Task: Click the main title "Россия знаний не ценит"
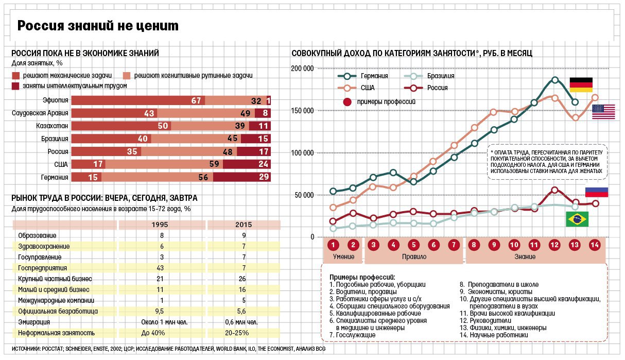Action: point(98,26)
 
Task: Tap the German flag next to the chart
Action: point(581,84)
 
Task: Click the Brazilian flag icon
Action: point(577,219)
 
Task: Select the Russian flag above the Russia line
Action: point(596,192)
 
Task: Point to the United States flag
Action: point(603,112)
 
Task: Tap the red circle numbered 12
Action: point(554,245)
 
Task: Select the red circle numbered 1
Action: point(333,245)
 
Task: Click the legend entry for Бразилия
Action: point(440,76)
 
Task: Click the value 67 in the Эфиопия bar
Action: point(196,101)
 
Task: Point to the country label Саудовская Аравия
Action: point(40,113)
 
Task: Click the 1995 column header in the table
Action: point(161,225)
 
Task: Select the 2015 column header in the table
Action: point(244,225)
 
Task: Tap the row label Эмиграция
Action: point(34,322)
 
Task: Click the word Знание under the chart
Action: point(525,256)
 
